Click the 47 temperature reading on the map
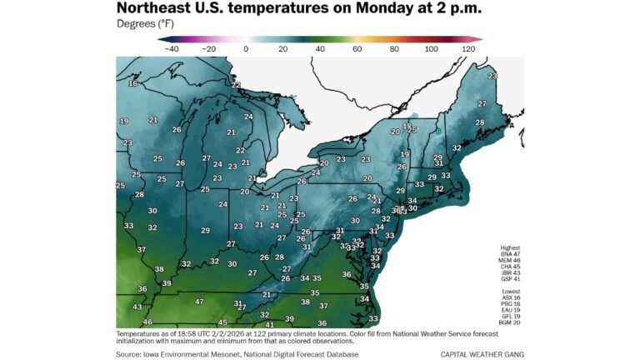pyautogui.click(x=199, y=301)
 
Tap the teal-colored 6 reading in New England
pyautogui.click(x=438, y=132)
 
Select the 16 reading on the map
pyautogui.click(x=132, y=83)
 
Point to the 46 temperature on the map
pyautogui.click(x=147, y=322)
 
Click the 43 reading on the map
pyautogui.click(x=137, y=307)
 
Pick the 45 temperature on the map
pyautogui.click(x=222, y=322)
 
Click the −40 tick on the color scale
pyautogui.click(x=172, y=49)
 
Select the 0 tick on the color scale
pyautogui.click(x=246, y=49)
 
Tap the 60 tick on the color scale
pyautogui.click(x=357, y=49)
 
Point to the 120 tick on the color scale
pyautogui.click(x=467, y=49)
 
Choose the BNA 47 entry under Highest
pyautogui.click(x=510, y=254)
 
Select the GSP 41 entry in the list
pyautogui.click(x=510, y=277)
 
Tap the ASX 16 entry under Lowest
pyautogui.click(x=510, y=297)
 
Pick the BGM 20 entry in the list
pyautogui.click(x=510, y=322)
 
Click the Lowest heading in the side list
pyautogui.click(x=510, y=291)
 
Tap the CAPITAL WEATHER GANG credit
pyautogui.click(x=481, y=354)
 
